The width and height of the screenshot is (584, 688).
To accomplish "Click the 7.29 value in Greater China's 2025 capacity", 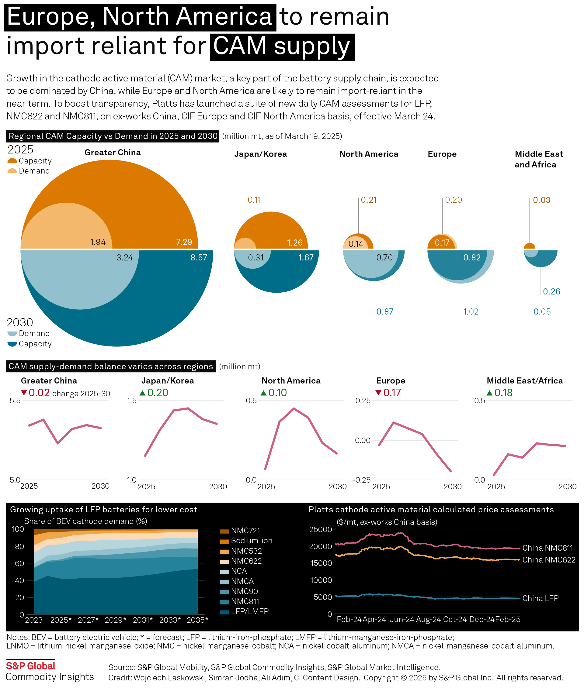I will [184, 242].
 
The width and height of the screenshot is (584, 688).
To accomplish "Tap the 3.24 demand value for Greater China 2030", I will [124, 258].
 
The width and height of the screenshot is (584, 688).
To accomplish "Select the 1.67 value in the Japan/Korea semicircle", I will [306, 258].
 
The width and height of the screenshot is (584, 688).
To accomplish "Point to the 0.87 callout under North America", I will [385, 311].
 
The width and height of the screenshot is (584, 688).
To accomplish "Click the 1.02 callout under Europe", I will [471, 311].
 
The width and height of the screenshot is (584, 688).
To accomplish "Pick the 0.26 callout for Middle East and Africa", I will [551, 292].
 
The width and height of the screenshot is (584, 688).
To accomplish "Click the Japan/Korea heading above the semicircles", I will [260, 154].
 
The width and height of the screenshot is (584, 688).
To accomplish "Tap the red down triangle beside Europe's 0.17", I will [378, 393].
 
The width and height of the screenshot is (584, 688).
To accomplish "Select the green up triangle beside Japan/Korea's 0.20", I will [143, 393].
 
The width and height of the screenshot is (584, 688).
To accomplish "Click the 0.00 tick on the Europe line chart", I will [363, 440].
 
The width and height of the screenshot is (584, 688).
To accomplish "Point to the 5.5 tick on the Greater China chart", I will [15, 401].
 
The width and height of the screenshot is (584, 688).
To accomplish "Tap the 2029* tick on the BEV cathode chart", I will [116, 620].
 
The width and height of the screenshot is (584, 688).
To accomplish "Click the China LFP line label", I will [540, 598].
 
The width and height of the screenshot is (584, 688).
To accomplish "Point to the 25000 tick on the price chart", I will [320, 530].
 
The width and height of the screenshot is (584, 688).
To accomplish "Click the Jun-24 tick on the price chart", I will [401, 620].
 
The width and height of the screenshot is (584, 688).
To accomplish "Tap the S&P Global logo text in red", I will [31, 666].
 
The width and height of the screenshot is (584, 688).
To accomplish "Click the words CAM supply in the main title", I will [282, 46].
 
